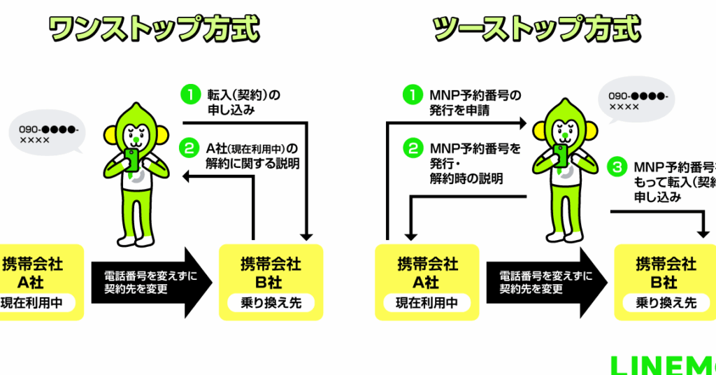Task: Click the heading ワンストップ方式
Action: point(153,30)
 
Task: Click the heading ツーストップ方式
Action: point(536,30)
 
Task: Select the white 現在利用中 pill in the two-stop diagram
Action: point(427,304)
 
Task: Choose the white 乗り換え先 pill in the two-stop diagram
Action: point(666,304)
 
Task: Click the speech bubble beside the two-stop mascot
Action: point(638,102)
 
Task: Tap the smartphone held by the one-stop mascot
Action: point(131,158)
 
